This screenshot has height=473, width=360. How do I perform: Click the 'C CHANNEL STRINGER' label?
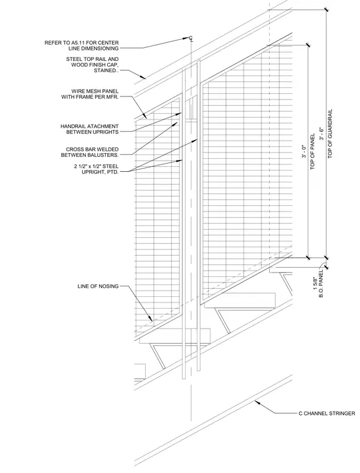[x=327, y=413]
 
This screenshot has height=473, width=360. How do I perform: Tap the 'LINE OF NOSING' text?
[x=98, y=286]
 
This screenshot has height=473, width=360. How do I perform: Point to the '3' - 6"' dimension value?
[x=322, y=134]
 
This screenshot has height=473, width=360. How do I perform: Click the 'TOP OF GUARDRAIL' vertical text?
[x=330, y=134]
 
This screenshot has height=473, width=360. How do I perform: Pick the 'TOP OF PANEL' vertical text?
[x=312, y=152]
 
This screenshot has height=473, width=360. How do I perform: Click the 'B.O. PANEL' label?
[x=321, y=283]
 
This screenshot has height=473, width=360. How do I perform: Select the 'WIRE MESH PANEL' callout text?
[x=95, y=91]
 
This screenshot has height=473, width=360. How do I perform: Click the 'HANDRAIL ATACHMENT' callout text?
[x=90, y=126]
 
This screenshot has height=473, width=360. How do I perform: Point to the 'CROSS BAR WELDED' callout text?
[x=92, y=149]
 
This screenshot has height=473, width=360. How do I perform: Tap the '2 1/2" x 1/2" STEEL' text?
[x=97, y=166]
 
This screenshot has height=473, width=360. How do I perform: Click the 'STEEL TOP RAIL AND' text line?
[x=93, y=59]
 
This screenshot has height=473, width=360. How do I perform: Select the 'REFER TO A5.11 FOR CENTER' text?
[x=82, y=42]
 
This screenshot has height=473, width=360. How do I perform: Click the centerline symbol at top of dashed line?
[x=191, y=38]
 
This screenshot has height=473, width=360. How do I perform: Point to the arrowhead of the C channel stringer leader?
[x=256, y=401]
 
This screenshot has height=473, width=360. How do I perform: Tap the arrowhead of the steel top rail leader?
[x=144, y=78]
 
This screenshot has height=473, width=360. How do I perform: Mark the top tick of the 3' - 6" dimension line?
[x=326, y=9]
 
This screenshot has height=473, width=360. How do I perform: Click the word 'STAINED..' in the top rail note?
[x=107, y=70]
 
